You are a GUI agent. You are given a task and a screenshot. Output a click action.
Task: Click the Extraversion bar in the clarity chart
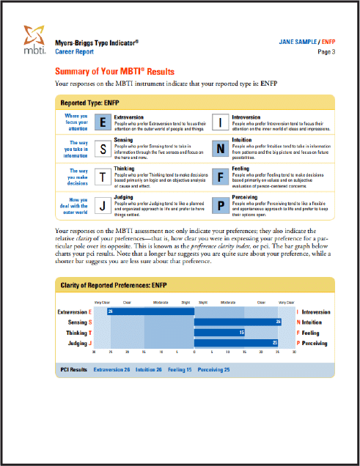click(151, 311)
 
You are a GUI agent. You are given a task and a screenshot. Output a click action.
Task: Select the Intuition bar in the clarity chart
click(238, 322)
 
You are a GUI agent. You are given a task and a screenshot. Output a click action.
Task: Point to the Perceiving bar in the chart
click(236, 343)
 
